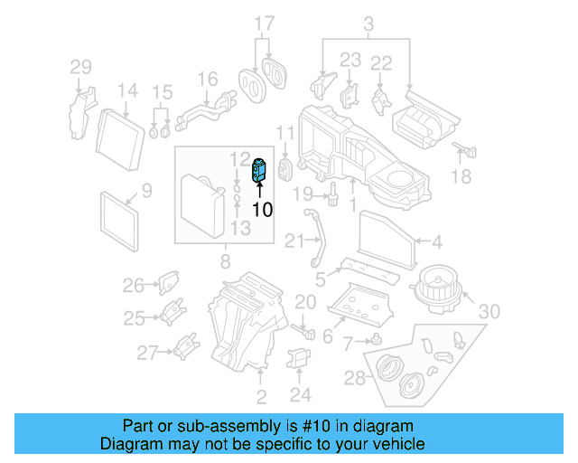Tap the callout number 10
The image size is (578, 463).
point(261,210)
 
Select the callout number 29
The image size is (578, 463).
point(81,66)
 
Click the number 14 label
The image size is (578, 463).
point(126,90)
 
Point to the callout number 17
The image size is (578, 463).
point(263,23)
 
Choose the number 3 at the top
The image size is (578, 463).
point(368,23)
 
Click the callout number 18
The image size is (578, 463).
point(461,177)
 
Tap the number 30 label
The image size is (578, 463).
point(489,311)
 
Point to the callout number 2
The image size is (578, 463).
point(261,397)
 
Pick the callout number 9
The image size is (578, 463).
point(146,191)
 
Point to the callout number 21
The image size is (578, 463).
point(294,241)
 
